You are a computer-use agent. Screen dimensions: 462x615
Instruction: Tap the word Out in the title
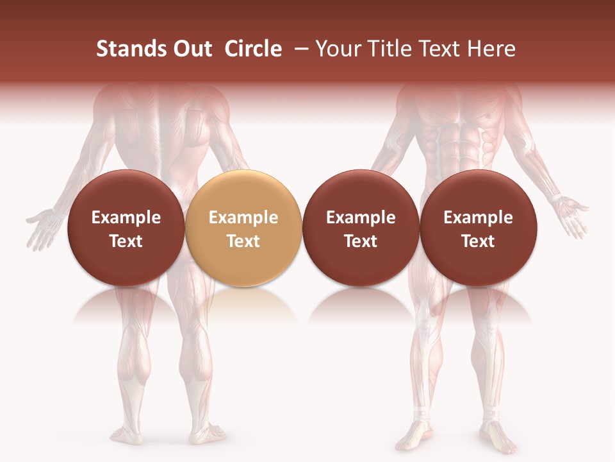pyautogui.click(x=191, y=49)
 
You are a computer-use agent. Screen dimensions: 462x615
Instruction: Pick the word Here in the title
pyautogui.click(x=493, y=49)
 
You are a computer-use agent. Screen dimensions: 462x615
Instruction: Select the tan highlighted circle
pyautogui.click(x=243, y=228)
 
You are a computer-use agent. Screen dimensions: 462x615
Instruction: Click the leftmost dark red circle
pyautogui.click(x=126, y=228)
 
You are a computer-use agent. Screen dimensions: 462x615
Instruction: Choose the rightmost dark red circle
pyautogui.click(x=478, y=228)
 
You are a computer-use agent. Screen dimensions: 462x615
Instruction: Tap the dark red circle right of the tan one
pyautogui.click(x=361, y=228)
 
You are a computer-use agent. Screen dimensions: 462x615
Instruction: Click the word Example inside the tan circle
pyautogui.click(x=243, y=218)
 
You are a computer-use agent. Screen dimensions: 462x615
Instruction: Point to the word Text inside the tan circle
pyautogui.click(x=243, y=241)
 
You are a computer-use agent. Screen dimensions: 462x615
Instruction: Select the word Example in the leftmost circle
pyautogui.click(x=126, y=218)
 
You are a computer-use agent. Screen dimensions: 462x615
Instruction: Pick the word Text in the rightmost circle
pyautogui.click(x=478, y=241)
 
